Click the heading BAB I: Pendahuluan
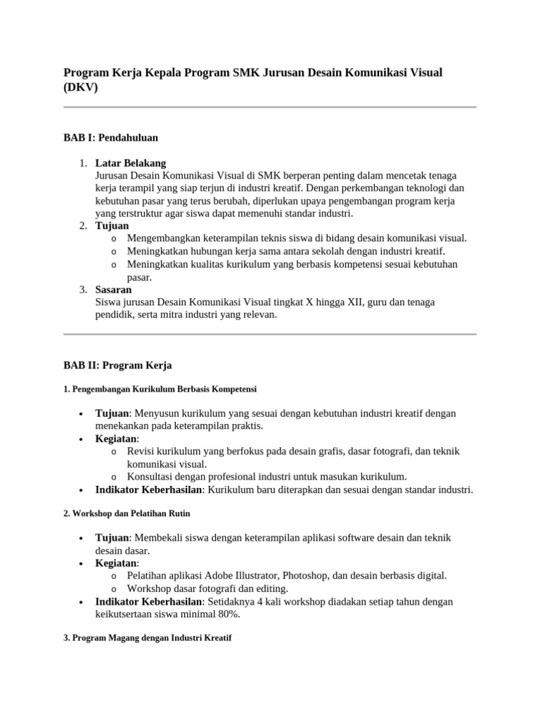tap(110, 138)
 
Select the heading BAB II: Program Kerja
tap(117, 366)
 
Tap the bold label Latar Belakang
tap(131, 163)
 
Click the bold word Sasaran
tap(113, 290)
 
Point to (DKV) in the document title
tap(81, 87)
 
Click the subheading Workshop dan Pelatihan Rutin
tap(127, 513)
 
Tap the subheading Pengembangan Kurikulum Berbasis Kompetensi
tap(160, 389)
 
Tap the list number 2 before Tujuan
tap(82, 226)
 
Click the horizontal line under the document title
tap(270, 107)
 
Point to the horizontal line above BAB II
tap(270, 334)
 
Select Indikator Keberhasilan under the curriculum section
tap(149, 489)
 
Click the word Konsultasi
tap(152, 477)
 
